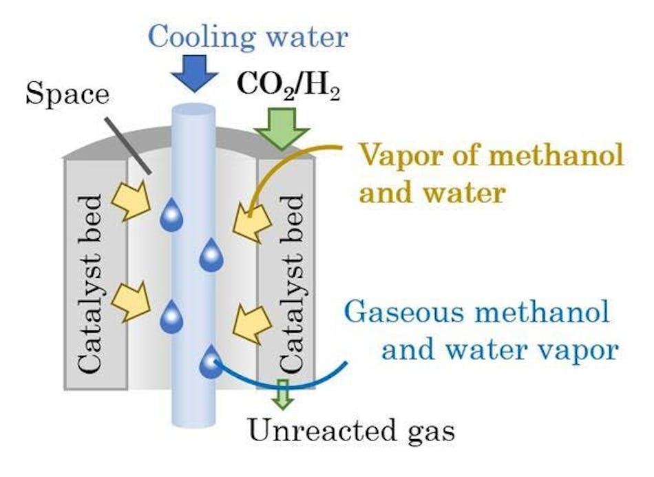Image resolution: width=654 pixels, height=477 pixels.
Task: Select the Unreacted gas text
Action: (351, 432)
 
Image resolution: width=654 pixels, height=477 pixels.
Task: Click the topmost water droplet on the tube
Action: (171, 216)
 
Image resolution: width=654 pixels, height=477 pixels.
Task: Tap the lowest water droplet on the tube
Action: (211, 363)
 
